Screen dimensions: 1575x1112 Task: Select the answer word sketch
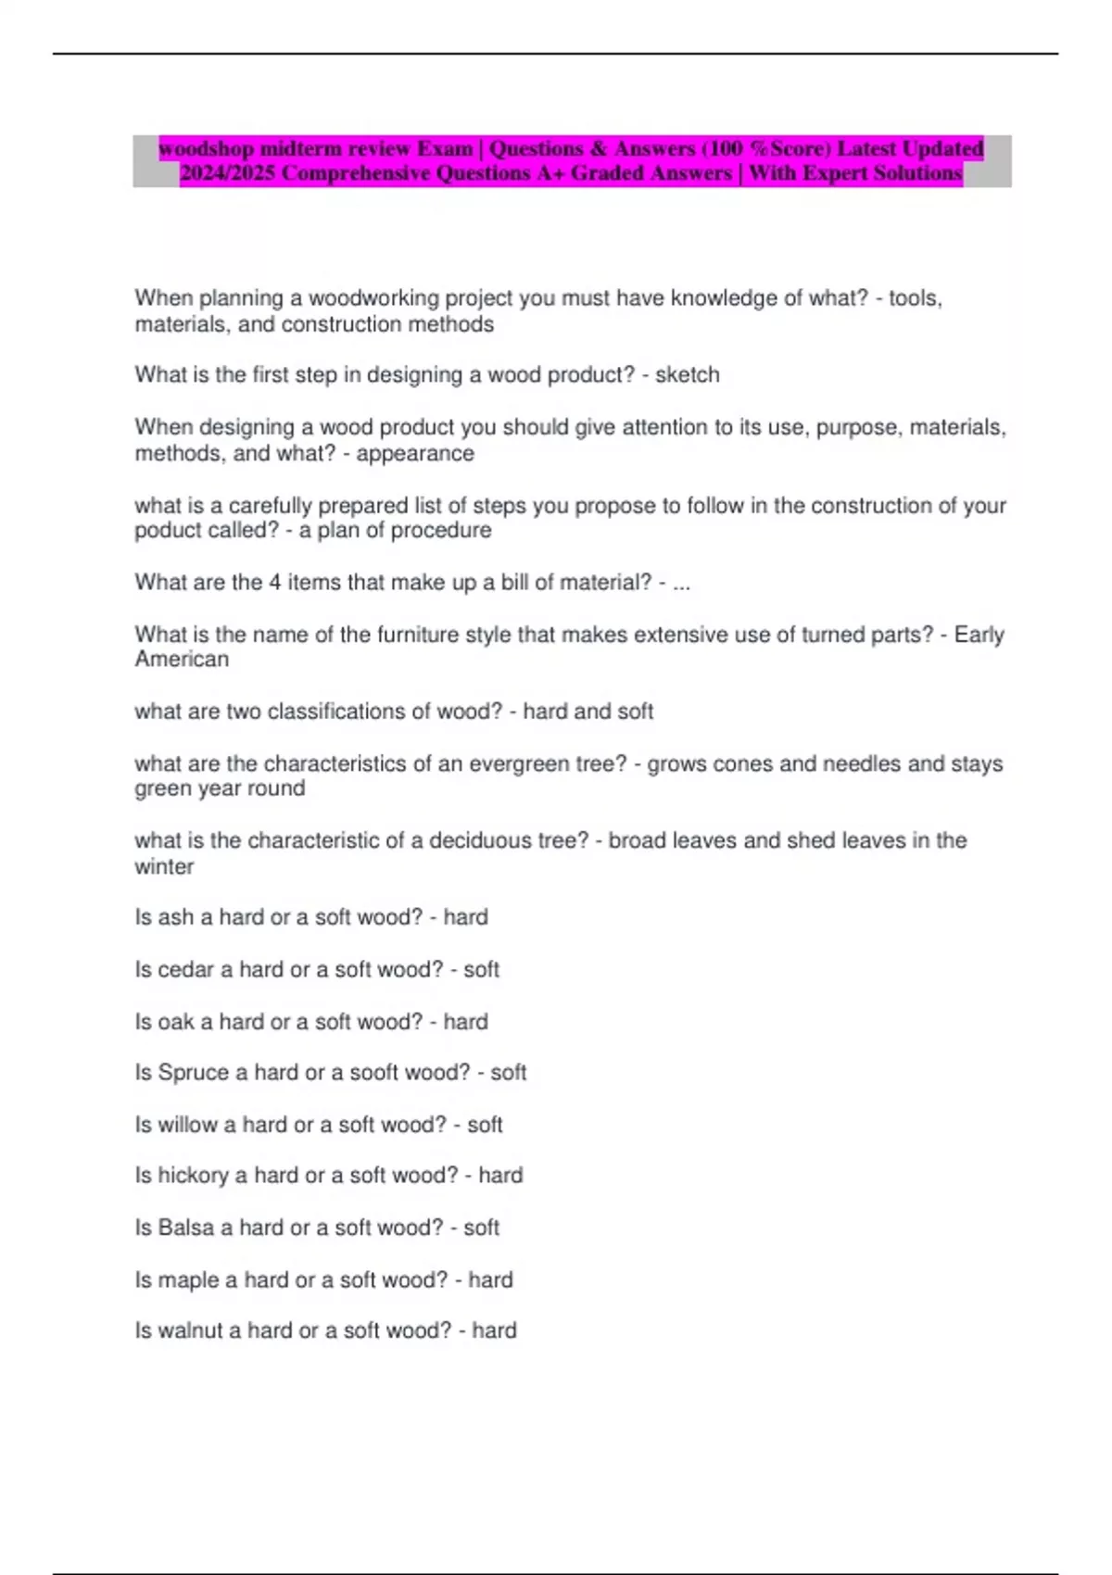(687, 375)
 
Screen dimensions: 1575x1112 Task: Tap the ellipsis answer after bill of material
(680, 584)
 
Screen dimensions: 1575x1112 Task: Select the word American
(182, 660)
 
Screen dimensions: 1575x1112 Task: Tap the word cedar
(186, 970)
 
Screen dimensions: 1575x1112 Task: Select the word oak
(176, 1022)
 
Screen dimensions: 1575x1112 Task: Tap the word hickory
(193, 1176)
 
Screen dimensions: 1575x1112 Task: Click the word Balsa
(186, 1228)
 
